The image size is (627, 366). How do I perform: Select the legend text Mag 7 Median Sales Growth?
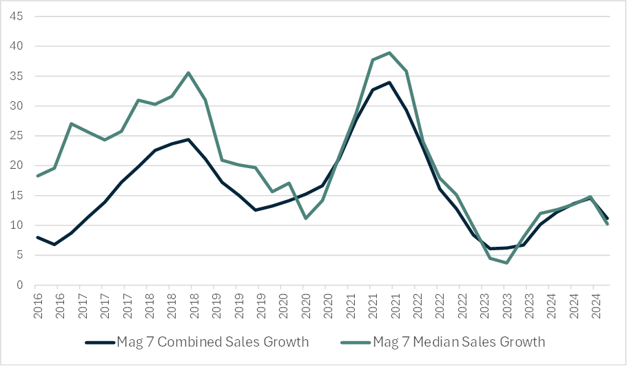click(x=459, y=342)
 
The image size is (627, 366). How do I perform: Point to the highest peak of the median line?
click(x=389, y=53)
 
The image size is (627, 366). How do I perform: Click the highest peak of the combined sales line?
click(x=389, y=83)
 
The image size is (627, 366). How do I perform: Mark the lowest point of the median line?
click(x=506, y=263)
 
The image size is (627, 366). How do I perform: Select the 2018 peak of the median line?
click(x=188, y=73)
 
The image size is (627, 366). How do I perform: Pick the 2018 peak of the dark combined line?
click(x=188, y=139)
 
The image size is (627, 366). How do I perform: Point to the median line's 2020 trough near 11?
click(x=305, y=218)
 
